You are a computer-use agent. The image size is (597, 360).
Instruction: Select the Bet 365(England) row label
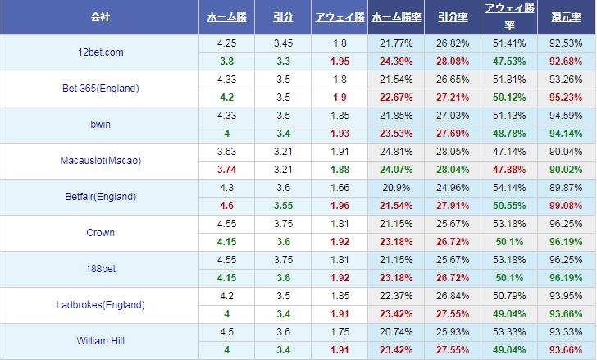(x=102, y=89)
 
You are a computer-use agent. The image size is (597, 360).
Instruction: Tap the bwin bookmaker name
(x=102, y=125)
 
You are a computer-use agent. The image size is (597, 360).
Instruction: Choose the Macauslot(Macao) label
(x=102, y=161)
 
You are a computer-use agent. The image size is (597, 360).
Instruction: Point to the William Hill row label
(x=102, y=341)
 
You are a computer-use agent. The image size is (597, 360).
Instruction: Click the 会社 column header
(x=102, y=16)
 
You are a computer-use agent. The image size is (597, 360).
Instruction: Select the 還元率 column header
(x=567, y=16)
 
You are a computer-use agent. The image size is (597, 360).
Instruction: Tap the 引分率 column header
(x=453, y=16)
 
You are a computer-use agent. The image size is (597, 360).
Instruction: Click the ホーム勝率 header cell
(x=397, y=16)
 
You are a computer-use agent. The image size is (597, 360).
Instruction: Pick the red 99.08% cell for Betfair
(x=567, y=206)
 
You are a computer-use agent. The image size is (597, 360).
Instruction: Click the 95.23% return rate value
(x=567, y=98)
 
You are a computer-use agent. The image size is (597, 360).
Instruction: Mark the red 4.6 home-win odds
(x=227, y=206)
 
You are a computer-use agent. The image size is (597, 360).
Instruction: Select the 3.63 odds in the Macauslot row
(x=227, y=152)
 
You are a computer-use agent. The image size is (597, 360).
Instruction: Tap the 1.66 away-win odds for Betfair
(x=339, y=188)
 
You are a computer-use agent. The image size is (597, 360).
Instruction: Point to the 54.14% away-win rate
(x=508, y=188)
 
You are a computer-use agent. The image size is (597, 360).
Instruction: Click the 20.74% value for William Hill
(x=397, y=332)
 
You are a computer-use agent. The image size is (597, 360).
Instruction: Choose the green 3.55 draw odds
(x=283, y=206)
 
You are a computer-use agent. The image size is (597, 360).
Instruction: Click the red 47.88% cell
(x=508, y=170)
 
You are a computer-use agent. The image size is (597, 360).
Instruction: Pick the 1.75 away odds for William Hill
(x=339, y=332)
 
